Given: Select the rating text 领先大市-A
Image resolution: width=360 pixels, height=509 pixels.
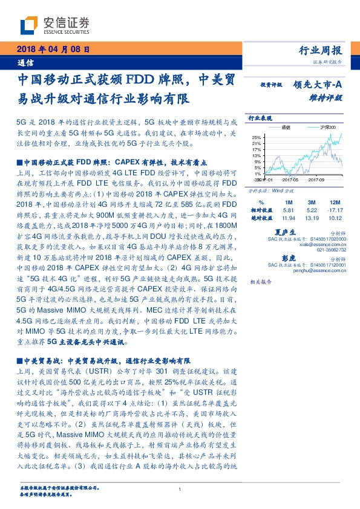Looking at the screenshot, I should click(x=319, y=86).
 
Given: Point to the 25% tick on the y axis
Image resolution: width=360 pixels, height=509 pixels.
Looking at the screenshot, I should click(x=257, y=137).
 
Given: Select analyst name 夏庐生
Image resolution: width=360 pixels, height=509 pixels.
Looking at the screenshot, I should click(x=284, y=232).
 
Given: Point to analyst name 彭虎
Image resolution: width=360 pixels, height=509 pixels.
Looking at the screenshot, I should click(x=284, y=257).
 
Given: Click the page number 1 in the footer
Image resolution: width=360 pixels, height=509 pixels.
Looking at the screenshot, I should click(x=180, y=489).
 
